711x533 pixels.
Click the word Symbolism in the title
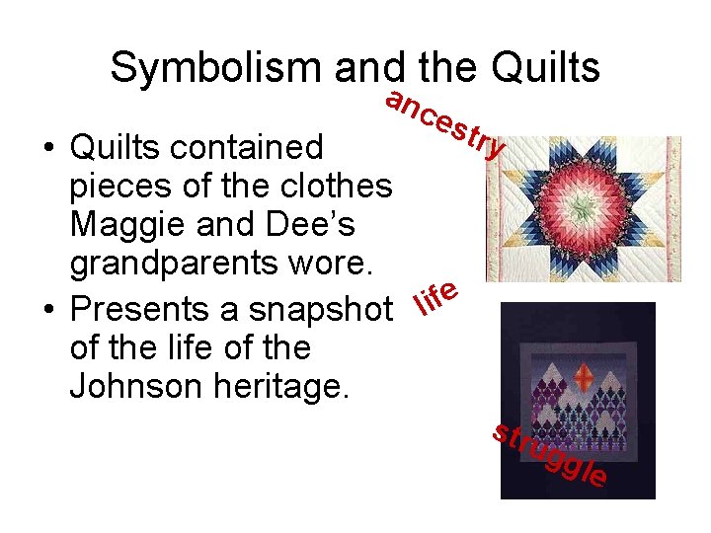[x=215, y=68]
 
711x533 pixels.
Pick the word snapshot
[x=316, y=309]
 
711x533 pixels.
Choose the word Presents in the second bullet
[x=138, y=309]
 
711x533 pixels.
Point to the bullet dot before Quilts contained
[x=47, y=148]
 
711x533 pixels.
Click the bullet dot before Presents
[x=47, y=310]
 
